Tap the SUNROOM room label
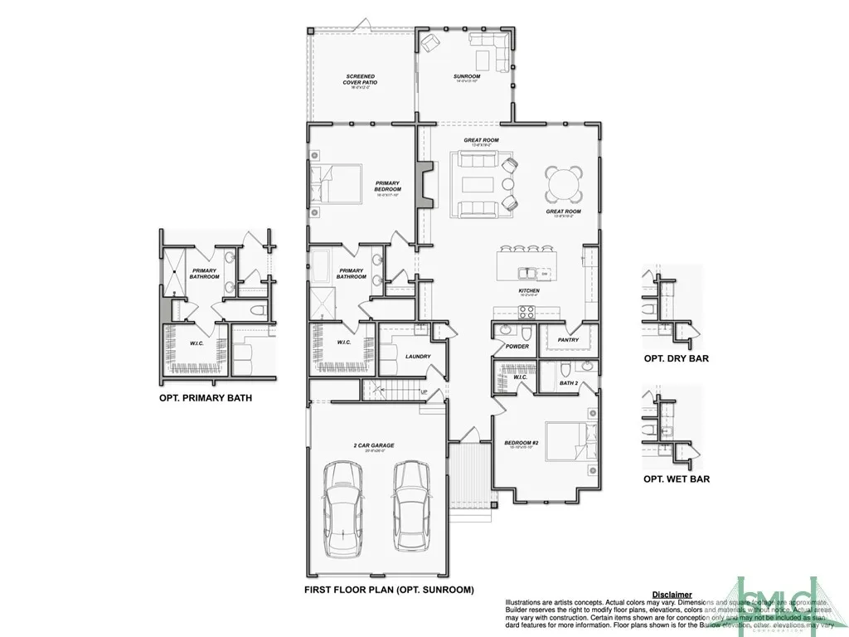(467, 77)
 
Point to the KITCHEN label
(529, 291)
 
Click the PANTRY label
(568, 339)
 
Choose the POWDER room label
(517, 347)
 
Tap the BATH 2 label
(568, 383)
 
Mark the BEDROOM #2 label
(522, 443)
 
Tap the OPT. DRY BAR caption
(677, 359)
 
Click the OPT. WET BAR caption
(677, 479)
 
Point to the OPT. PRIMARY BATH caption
(206, 398)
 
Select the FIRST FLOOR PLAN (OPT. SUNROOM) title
(389, 591)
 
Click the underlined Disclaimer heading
(672, 595)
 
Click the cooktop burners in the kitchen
(526, 312)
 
